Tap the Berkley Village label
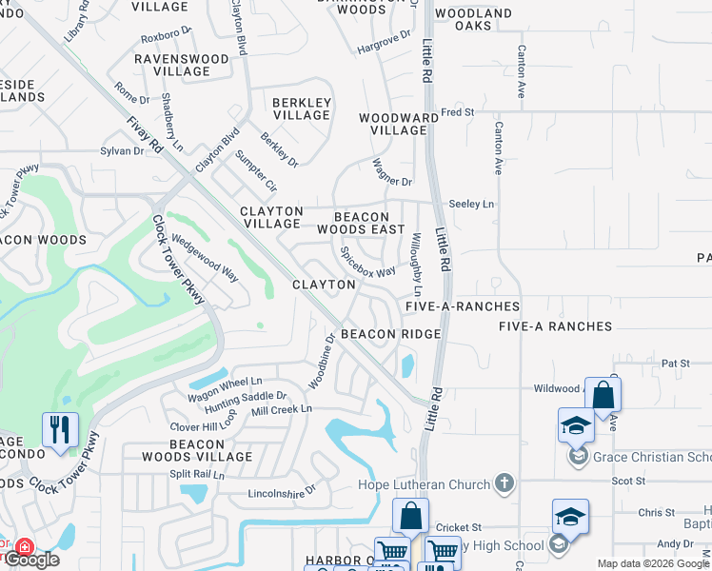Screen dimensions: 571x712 click(302, 108)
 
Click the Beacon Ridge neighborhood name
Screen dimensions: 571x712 click(390, 334)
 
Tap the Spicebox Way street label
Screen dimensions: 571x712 click(368, 263)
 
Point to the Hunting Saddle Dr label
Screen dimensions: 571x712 click(246, 396)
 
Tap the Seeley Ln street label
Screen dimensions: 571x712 click(472, 204)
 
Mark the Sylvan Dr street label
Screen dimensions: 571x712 click(121, 151)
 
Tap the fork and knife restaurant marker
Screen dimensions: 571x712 click(59, 429)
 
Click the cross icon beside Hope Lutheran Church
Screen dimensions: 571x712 click(504, 483)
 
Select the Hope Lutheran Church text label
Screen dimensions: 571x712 click(437, 483)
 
